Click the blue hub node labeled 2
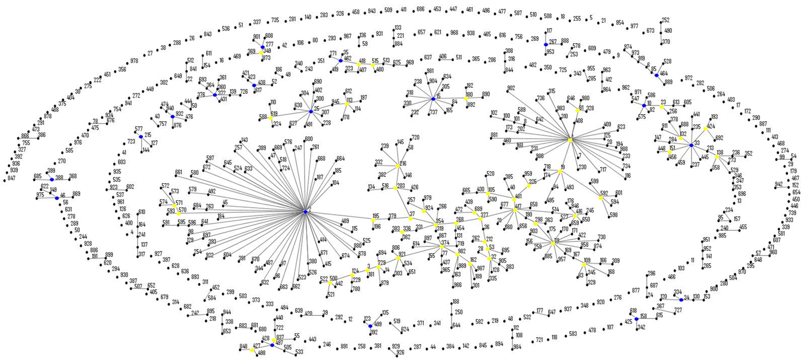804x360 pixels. coord(306,212)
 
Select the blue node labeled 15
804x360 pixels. coord(433,99)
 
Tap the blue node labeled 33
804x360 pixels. coord(691,145)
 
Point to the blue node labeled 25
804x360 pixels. coord(311,111)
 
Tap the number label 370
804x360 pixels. coord(666,41)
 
